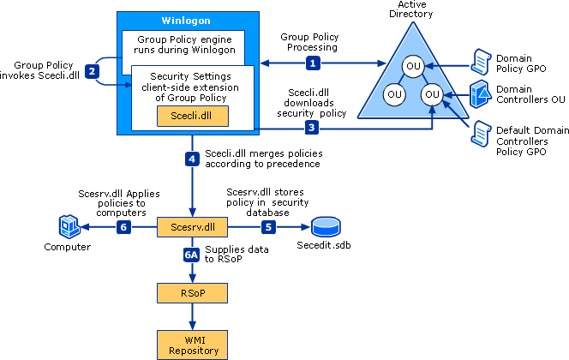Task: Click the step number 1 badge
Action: pyautogui.click(x=314, y=63)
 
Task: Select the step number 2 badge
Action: pyautogui.click(x=91, y=71)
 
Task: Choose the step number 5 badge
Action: pyautogui.click(x=268, y=226)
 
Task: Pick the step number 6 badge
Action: pyautogui.click(x=123, y=226)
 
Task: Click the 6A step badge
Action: pyautogui.click(x=194, y=254)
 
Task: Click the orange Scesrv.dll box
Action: pyautogui.click(x=192, y=226)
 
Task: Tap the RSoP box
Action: pyautogui.click(x=192, y=293)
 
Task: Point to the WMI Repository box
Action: pyautogui.click(x=192, y=345)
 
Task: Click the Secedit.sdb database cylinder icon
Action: pyautogui.click(x=326, y=227)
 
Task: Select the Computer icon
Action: pyautogui.click(x=68, y=226)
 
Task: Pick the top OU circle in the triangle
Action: pyautogui.click(x=413, y=66)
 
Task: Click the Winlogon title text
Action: pyautogui.click(x=186, y=20)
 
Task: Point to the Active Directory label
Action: pyautogui.click(x=411, y=10)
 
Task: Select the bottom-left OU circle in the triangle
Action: pyautogui.click(x=394, y=93)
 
